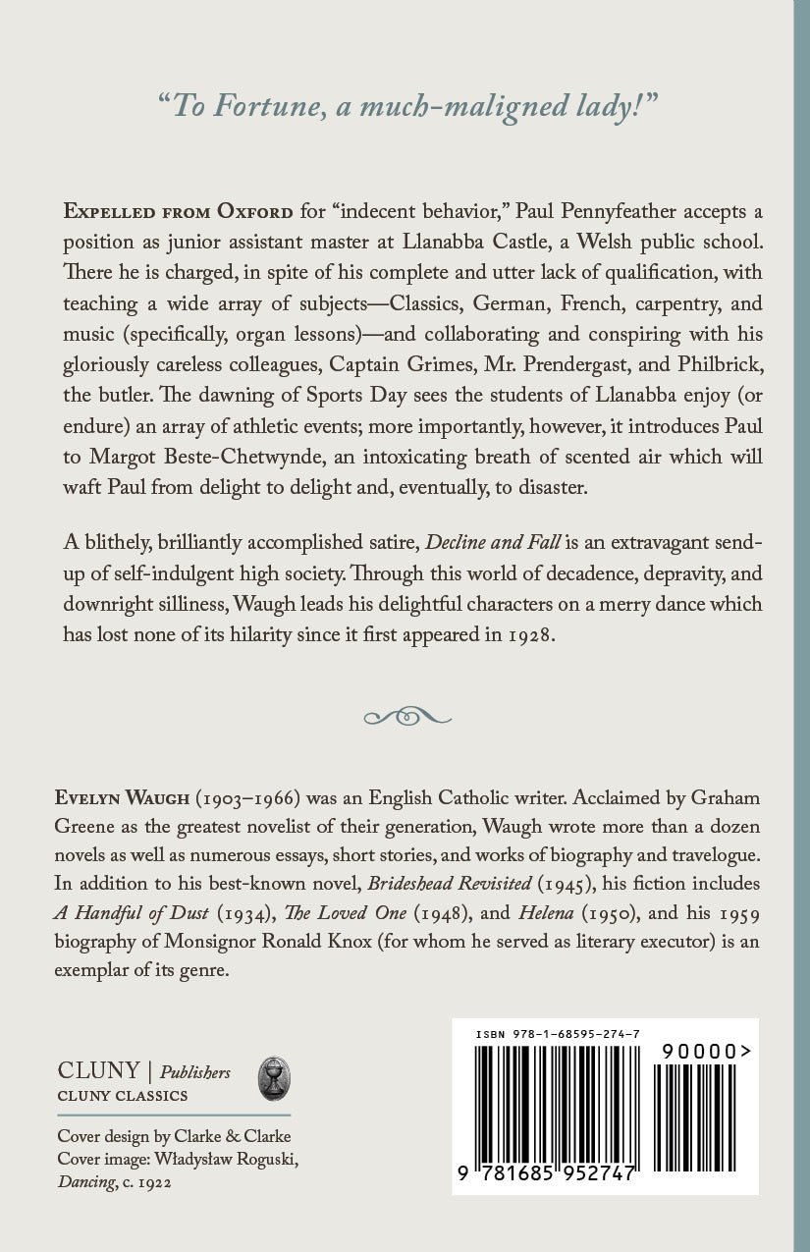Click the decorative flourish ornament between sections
point(405,716)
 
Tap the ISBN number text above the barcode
point(558,1034)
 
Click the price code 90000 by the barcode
point(700,1051)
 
